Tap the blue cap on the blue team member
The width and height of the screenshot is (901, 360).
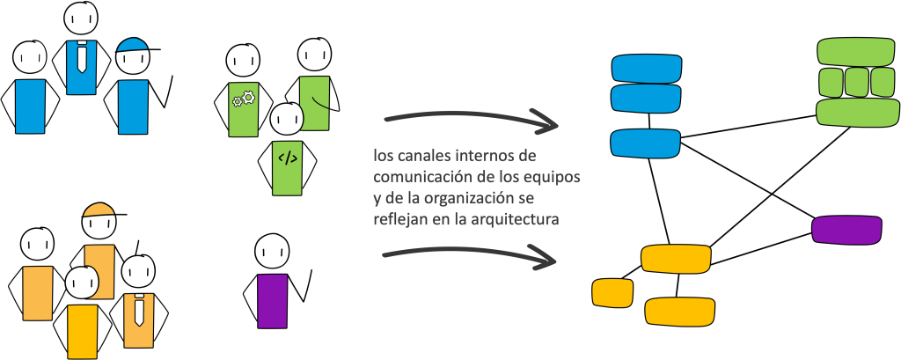pos(132,45)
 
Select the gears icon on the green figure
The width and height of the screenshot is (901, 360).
pos(243,99)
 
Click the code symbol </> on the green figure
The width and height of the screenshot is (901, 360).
pos(287,158)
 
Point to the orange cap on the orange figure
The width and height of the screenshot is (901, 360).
pos(99,210)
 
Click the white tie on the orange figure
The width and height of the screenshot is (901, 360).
pos(138,308)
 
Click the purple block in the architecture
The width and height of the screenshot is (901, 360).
pos(846,229)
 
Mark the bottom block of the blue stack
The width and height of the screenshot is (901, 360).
pos(647,142)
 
